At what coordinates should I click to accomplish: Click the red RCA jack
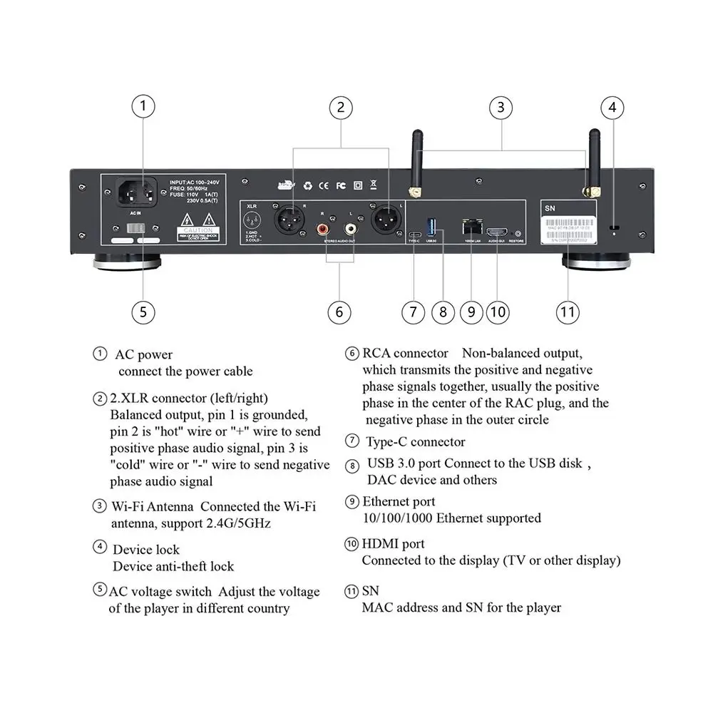point(325,229)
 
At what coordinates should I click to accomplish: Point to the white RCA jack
point(349,229)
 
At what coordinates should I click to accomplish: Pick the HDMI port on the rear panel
point(497,232)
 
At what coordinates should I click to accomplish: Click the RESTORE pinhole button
point(517,233)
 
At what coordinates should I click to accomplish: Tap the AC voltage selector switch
point(136,230)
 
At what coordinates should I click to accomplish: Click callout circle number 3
point(501,108)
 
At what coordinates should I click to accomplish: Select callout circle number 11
point(568,312)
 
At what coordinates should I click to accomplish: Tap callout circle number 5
point(143,312)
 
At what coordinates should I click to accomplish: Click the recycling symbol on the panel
point(308,185)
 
